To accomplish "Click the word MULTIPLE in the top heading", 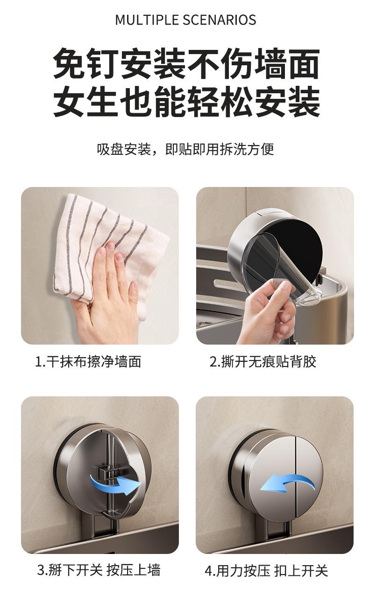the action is [148, 20].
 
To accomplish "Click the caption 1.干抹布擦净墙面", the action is [88, 361].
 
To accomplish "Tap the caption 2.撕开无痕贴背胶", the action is [263, 361].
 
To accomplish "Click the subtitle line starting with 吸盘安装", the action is [185, 149].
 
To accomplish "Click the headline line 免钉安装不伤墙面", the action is [186, 63].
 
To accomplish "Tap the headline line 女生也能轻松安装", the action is [186, 102].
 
